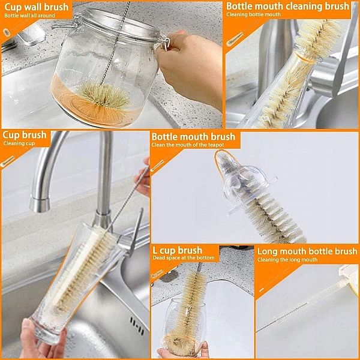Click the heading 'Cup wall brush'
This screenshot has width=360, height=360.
tap(36, 7)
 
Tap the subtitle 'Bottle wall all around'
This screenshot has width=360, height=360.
tap(29, 16)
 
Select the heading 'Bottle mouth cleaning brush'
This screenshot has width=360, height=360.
tap(287, 6)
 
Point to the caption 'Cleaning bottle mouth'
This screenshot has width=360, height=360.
tap(253, 14)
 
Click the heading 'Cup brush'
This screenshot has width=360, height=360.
tap(25, 135)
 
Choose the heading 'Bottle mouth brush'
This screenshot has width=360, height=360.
tap(194, 137)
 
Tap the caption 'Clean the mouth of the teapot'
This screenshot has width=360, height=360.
tap(188, 145)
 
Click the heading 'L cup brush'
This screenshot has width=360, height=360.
tap(177, 250)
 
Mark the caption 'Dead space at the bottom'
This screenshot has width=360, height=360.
tap(184, 258)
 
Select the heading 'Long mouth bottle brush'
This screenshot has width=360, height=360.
tap(307, 251)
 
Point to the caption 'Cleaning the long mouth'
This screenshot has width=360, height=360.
tap(287, 260)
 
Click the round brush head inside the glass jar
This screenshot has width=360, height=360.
tap(104, 96)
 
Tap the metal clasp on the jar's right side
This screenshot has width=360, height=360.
tap(164, 42)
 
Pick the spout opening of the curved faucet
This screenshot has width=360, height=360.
tap(40, 205)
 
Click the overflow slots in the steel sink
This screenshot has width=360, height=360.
tap(137, 326)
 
